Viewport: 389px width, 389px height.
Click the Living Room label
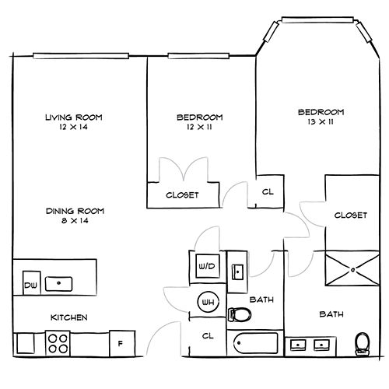[74, 117]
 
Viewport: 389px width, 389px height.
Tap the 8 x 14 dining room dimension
[75, 221]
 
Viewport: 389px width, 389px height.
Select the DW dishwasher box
[32, 283]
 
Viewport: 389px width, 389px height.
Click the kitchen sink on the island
[59, 284]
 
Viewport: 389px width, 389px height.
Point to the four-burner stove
[58, 343]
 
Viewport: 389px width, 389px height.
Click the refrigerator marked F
[122, 343]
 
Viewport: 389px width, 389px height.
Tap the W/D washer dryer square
[207, 266]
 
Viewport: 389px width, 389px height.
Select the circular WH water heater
[208, 302]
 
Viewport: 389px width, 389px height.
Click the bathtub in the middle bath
[255, 343]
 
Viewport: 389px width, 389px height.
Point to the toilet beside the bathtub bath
[240, 314]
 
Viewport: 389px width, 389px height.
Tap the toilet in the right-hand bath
[363, 344]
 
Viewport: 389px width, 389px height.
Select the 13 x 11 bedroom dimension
[321, 122]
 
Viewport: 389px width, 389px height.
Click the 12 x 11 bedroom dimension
[199, 127]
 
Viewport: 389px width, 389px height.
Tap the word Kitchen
[69, 317]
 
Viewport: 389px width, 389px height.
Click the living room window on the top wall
[81, 56]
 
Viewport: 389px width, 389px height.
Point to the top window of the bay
[317, 20]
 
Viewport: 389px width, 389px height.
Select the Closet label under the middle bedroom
[182, 195]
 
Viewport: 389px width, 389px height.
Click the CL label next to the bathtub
[208, 336]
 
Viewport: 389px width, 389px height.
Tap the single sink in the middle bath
[237, 272]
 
